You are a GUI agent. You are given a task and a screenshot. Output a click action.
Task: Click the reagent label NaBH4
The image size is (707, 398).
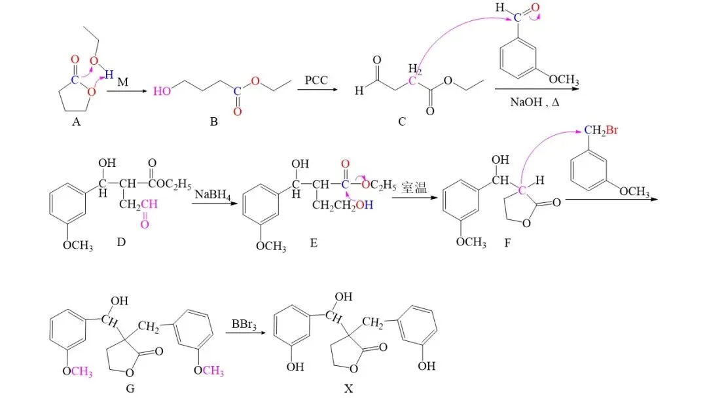[x=207, y=190]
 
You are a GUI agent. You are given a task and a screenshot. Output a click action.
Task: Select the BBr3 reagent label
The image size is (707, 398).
[x=244, y=325]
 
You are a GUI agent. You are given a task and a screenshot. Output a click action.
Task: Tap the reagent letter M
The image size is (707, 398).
[x=123, y=83]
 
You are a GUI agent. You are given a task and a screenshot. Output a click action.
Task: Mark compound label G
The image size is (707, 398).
[x=130, y=388]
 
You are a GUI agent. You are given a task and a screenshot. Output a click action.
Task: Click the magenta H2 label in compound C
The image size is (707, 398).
[x=414, y=68]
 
